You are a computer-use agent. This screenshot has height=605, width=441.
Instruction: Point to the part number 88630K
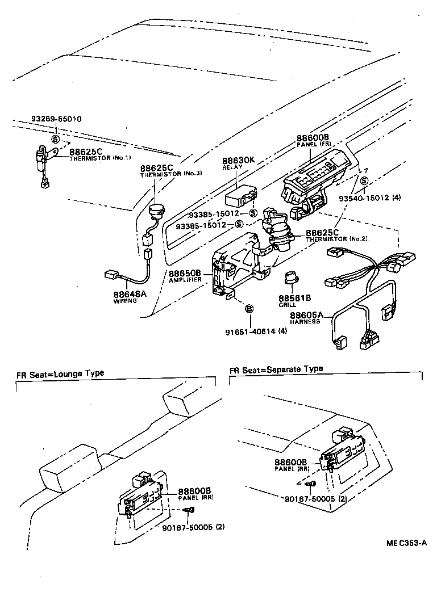(238, 161)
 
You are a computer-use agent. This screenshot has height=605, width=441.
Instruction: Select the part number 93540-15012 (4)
(369, 199)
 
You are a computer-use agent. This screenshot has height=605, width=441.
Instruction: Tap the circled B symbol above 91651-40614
(248, 309)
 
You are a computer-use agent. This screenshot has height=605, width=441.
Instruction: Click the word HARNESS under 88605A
(305, 322)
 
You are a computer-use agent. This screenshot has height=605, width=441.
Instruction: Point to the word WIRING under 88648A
(124, 301)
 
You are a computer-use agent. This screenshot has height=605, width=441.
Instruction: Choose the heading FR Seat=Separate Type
(276, 369)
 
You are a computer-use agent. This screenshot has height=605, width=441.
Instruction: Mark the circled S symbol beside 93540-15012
(364, 181)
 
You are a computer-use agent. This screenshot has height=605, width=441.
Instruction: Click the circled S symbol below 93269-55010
(55, 138)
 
